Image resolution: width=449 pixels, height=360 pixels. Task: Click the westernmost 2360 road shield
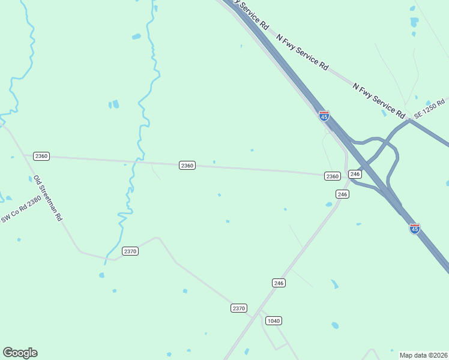coord(41,156)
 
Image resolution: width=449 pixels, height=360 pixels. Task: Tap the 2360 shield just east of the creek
coord(187,165)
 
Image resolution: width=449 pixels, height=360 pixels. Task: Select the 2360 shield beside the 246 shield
coord(333,176)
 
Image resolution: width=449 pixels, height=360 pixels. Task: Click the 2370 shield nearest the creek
coord(130,251)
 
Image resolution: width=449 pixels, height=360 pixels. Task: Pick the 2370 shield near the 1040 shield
coord(239,308)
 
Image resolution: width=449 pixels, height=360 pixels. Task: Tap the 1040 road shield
coord(273,320)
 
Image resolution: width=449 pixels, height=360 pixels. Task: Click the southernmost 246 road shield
coord(278,283)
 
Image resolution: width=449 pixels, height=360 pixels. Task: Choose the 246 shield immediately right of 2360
coord(355,174)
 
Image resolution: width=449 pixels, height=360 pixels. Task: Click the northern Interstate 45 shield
coord(324,115)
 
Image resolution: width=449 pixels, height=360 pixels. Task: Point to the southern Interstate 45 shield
coord(415,228)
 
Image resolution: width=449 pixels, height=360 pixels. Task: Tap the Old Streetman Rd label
coord(48,199)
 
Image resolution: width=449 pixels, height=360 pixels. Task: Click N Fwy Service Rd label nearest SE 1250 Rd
coord(379,100)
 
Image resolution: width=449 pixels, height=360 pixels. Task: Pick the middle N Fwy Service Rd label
coord(303,52)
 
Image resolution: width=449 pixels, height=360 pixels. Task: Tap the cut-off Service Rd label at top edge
coord(252,15)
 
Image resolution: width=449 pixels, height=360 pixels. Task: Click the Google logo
coord(20,353)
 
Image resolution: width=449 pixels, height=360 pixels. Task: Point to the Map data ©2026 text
coord(423,355)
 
